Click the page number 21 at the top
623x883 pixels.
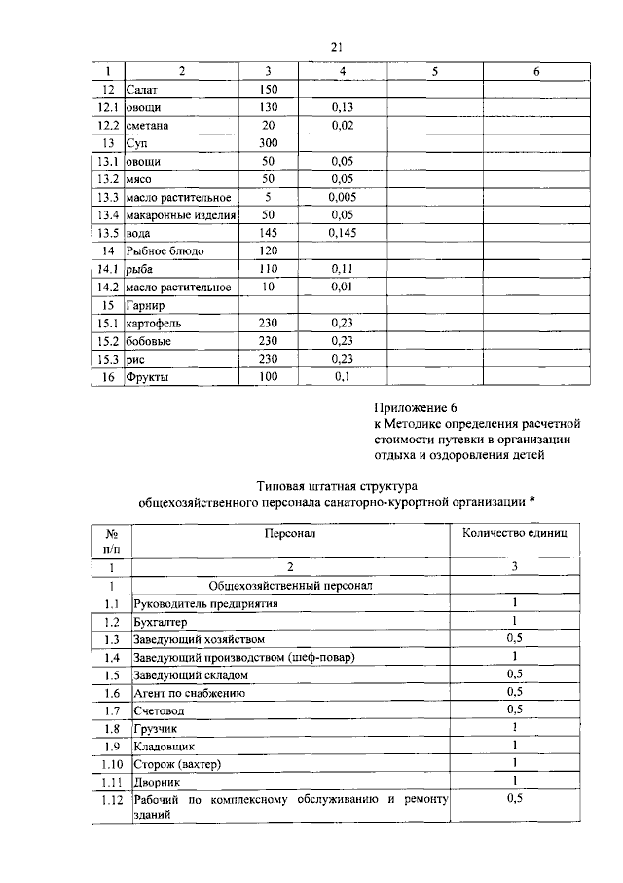pyautogui.click(x=338, y=47)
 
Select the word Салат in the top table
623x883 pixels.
pyautogui.click(x=143, y=89)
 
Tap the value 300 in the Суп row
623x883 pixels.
pyautogui.click(x=268, y=142)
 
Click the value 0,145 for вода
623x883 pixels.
pyautogui.click(x=342, y=233)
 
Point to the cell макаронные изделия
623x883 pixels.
pyautogui.click(x=177, y=215)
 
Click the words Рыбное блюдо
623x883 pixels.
pyautogui.click(x=165, y=250)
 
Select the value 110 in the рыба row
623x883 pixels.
pyautogui.click(x=268, y=269)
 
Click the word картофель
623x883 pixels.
pyautogui.click(x=154, y=323)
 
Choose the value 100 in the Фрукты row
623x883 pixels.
pyautogui.click(x=268, y=377)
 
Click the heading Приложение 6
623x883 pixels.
pyautogui.click(x=414, y=406)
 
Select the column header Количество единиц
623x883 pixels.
pyautogui.click(x=513, y=534)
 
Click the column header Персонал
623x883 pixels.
pyautogui.click(x=289, y=534)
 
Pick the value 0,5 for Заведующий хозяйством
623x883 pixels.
pyautogui.click(x=515, y=638)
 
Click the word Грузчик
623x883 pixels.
pyautogui.click(x=157, y=728)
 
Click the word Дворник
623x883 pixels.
pyautogui.click(x=157, y=782)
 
